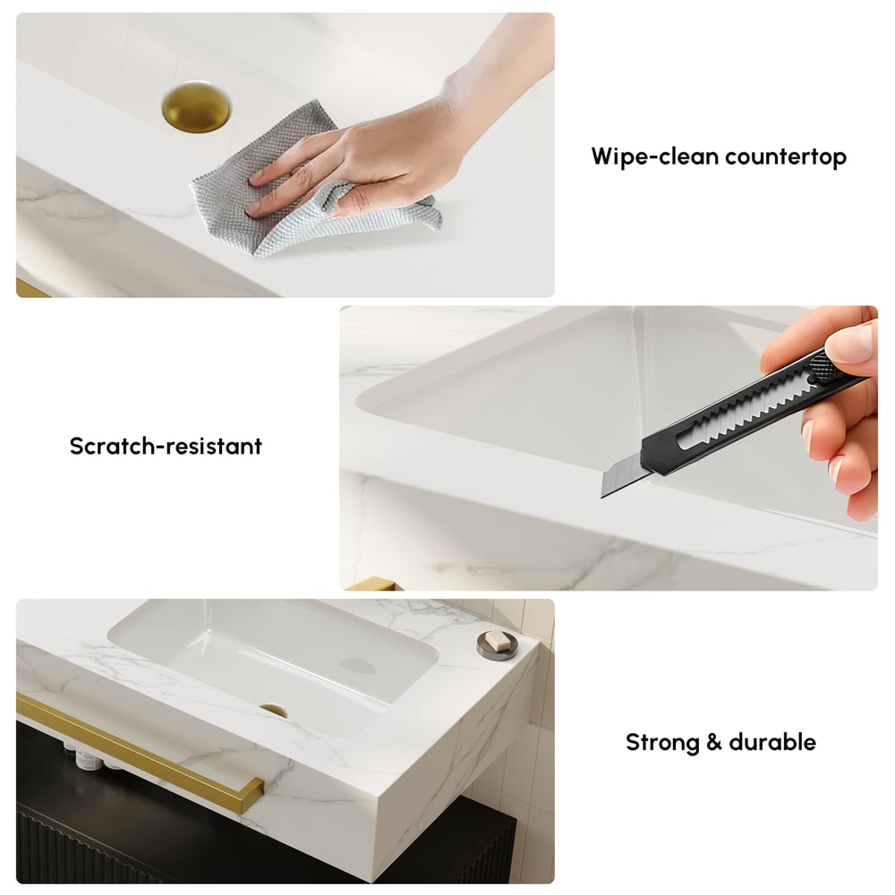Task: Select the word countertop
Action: (x=786, y=158)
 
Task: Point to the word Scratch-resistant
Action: (x=166, y=446)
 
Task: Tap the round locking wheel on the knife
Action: (x=819, y=367)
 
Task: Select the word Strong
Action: (x=660, y=742)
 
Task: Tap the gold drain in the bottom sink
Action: (x=273, y=711)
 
